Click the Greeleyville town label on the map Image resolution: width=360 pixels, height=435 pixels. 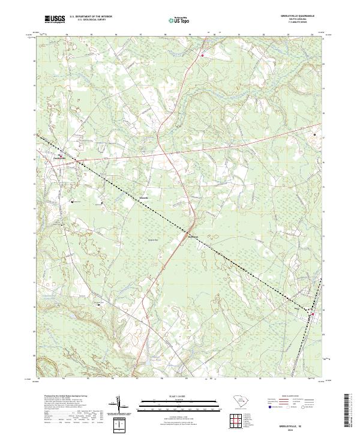pos(59,159)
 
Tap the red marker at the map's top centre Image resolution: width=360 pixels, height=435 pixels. pos(203,56)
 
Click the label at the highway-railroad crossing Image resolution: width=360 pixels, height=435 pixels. pos(191,235)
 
